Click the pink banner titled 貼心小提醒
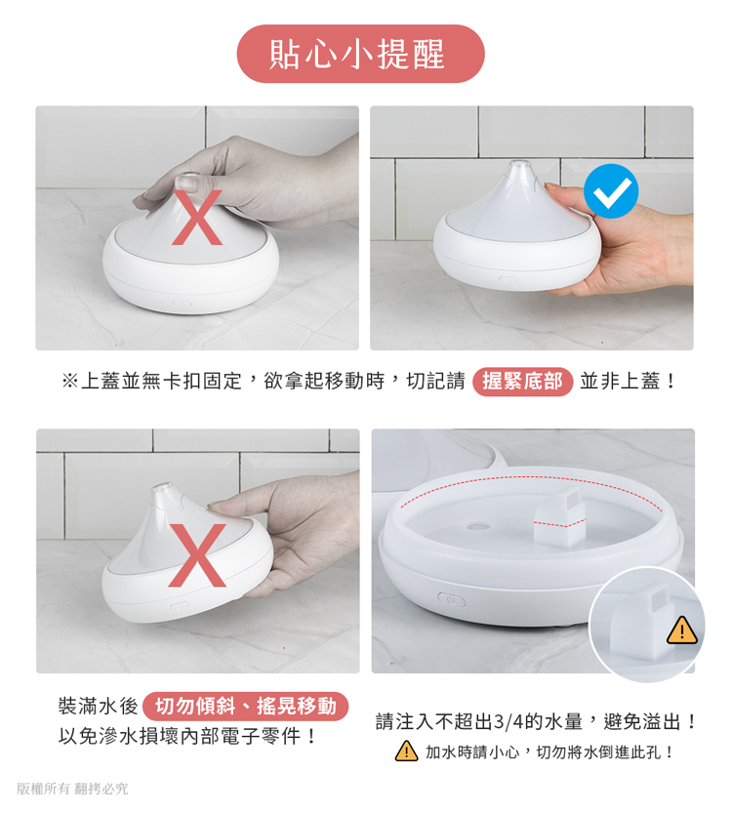(360, 54)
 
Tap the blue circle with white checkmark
(611, 191)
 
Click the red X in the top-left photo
(197, 218)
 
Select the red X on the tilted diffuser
(197, 555)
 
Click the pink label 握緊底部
(522, 382)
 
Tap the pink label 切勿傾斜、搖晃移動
(245, 707)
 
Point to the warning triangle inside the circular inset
(681, 630)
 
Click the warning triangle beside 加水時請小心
(406, 751)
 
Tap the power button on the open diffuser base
(452, 600)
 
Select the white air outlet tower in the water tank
(560, 518)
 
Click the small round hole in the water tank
(477, 527)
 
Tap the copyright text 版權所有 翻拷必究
(72, 789)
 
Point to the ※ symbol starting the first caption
(69, 382)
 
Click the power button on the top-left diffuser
(182, 304)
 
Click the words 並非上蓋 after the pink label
(620, 382)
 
